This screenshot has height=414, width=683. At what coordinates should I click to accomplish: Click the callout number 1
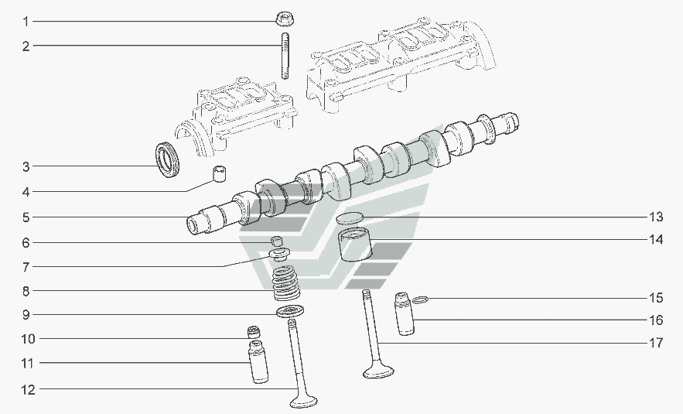(x=26, y=22)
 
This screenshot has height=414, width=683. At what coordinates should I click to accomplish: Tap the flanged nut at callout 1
(x=284, y=19)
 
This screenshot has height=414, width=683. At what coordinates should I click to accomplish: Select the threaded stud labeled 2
(x=285, y=56)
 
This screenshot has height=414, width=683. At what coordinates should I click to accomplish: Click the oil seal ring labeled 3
(x=168, y=159)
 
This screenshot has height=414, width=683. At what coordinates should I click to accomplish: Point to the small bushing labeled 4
(x=219, y=173)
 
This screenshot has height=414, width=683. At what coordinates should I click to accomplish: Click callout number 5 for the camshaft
(x=26, y=217)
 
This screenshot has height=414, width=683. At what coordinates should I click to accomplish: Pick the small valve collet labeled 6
(x=277, y=241)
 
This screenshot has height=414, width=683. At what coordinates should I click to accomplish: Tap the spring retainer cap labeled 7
(x=280, y=253)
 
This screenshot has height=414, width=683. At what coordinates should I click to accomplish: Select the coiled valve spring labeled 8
(x=285, y=283)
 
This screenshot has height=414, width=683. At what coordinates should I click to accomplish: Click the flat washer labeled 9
(x=290, y=311)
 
